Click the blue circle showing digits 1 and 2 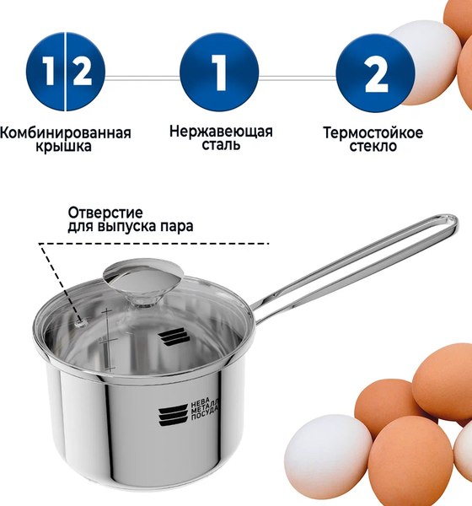click(x=65, y=73)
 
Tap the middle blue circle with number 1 click(x=219, y=73)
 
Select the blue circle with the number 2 click(x=376, y=73)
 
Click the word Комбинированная click(x=66, y=132)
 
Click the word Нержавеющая click(x=221, y=132)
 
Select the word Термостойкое click(x=373, y=132)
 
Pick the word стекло click(x=373, y=147)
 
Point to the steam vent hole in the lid click(x=81, y=320)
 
